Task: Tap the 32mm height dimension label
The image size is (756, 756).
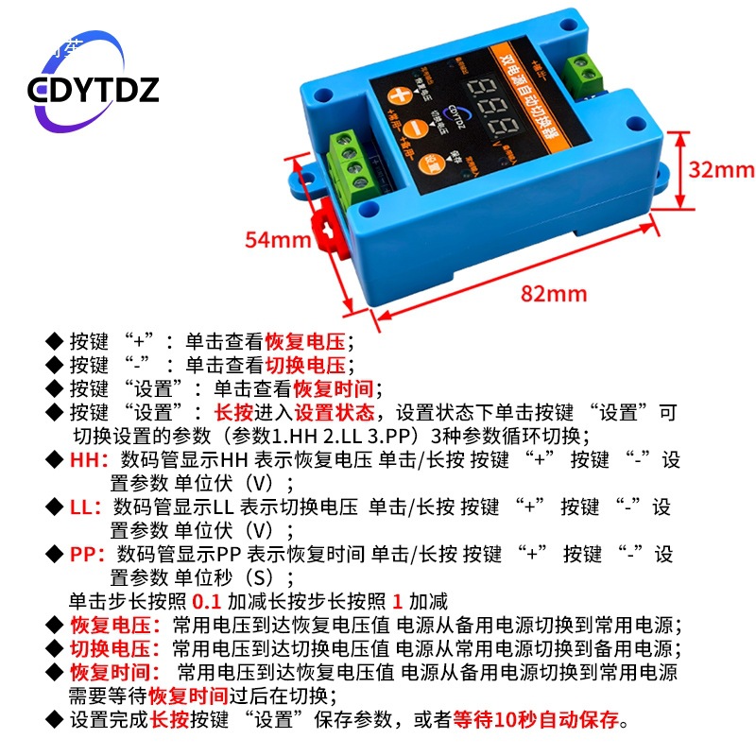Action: (720, 169)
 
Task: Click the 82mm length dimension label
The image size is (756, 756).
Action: (554, 294)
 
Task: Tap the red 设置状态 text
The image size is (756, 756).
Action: (335, 413)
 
